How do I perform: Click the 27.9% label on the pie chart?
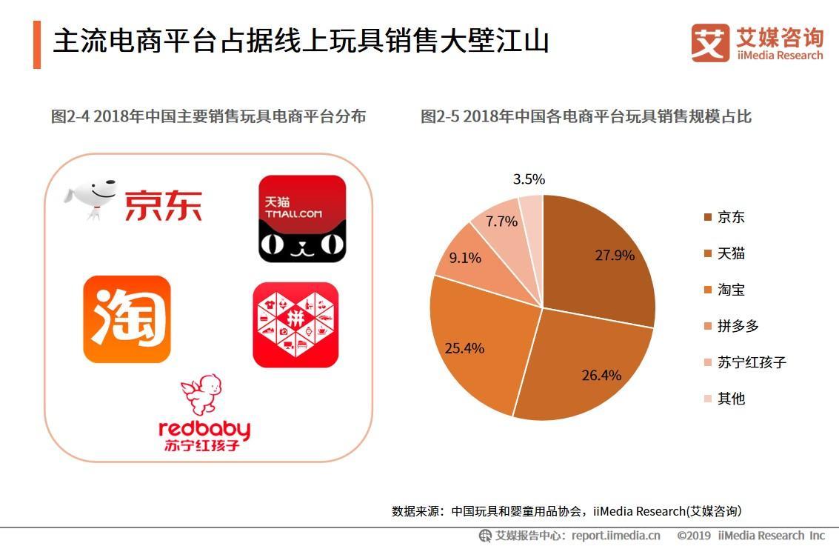615,256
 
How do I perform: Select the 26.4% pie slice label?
601,375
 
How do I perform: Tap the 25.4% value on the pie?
464,347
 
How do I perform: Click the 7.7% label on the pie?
501,221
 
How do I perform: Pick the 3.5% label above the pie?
529,179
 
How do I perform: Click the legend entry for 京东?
730,217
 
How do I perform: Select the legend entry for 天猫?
730,253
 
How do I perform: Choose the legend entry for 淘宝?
730,290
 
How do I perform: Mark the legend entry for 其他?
730,399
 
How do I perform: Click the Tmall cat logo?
302,219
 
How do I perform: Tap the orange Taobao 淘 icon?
127,319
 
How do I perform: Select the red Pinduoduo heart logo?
295,324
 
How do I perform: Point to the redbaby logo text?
204,430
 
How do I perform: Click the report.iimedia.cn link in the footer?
615,536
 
